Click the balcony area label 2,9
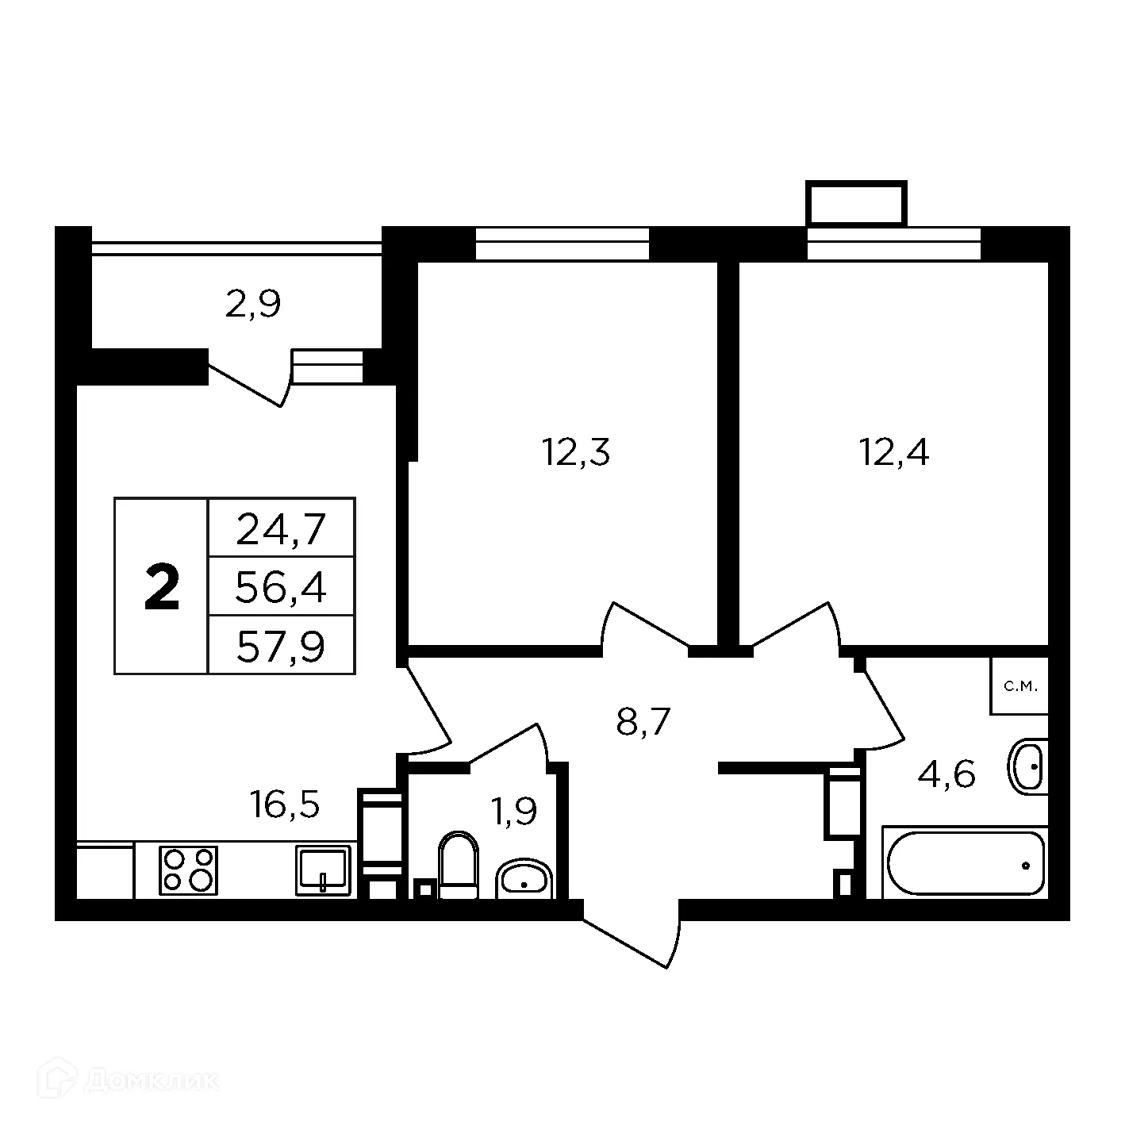click(253, 305)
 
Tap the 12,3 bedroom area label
click(576, 453)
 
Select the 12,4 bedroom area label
click(894, 453)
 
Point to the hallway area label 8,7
click(643, 722)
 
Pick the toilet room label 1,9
click(514, 811)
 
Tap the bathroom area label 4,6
click(946, 774)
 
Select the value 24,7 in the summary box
click(282, 529)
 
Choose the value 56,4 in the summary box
click(282, 588)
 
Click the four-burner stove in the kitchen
click(188, 870)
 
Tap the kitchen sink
click(323, 870)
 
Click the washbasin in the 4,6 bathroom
click(1028, 766)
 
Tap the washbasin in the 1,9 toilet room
click(524, 880)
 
